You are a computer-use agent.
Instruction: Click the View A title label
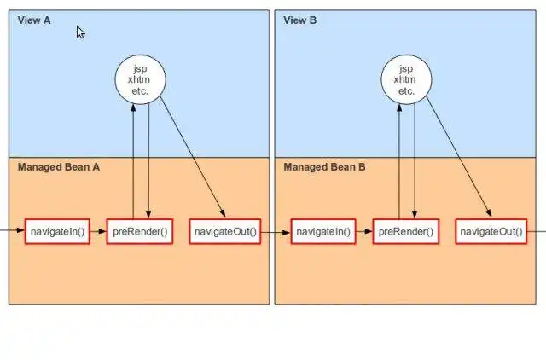point(34,20)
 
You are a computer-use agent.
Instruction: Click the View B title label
point(299,20)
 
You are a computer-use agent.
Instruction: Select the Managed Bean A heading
point(59,167)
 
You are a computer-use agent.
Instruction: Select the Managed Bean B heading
point(324,167)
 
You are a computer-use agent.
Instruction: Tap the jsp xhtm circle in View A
point(141,79)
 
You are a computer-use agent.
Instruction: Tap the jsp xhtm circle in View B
point(405,79)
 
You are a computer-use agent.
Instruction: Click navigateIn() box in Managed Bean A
point(58,232)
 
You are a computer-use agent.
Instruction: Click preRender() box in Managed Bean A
point(141,232)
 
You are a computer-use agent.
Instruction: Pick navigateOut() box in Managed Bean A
point(225,232)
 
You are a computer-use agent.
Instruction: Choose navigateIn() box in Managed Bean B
point(322,232)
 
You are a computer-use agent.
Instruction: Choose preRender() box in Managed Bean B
point(406,232)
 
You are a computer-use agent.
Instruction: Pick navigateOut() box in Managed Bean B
point(491,232)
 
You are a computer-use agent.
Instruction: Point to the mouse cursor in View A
point(80,32)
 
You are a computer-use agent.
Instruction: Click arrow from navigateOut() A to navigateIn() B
point(276,232)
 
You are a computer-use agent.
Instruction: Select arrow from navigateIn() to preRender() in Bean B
point(363,232)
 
